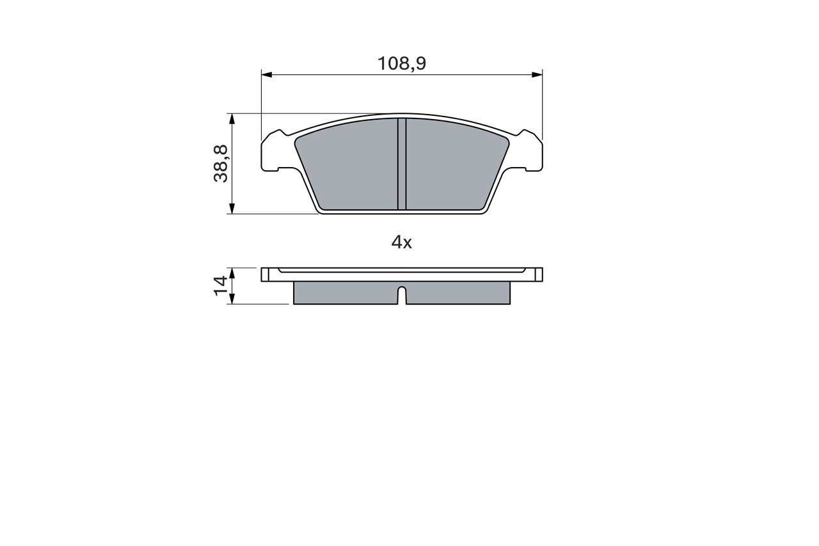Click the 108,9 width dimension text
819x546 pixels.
point(402,63)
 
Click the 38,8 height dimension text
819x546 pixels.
point(221,163)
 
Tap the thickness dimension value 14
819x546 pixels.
point(221,285)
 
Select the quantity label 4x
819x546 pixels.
point(402,242)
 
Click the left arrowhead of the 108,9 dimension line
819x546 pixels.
point(267,75)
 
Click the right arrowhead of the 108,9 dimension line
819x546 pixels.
point(537,75)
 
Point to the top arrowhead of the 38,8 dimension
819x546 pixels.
point(232,119)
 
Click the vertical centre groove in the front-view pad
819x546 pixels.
point(402,163)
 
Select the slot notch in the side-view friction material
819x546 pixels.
point(402,296)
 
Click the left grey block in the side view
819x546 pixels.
point(346,293)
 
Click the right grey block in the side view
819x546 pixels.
point(458,293)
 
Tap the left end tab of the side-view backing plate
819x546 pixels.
point(266,275)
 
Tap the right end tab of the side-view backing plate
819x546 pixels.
point(538,275)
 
